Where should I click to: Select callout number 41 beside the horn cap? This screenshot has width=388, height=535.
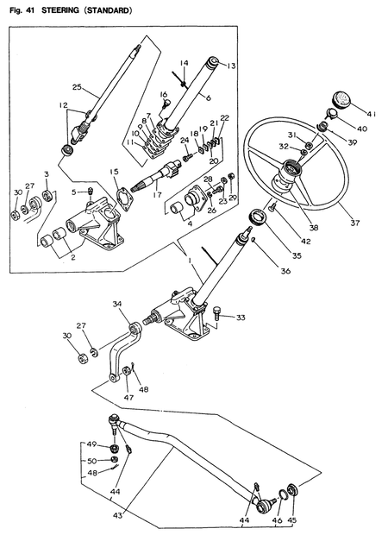372,113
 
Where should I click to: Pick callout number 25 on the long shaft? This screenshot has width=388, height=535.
76,87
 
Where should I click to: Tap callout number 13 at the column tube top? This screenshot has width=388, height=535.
231,66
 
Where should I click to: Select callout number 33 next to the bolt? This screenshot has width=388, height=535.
241,318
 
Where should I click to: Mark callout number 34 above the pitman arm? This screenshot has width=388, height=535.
117,303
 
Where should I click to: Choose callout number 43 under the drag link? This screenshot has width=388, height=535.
117,514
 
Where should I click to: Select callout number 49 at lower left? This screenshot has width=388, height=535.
91,445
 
